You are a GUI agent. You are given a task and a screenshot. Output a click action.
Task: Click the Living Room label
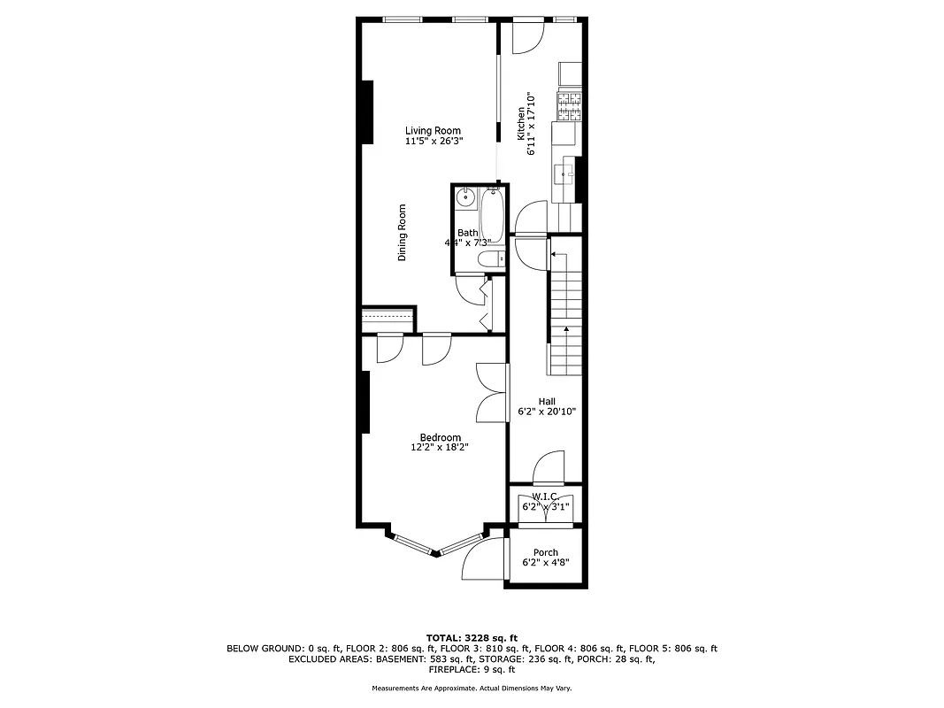click(433, 131)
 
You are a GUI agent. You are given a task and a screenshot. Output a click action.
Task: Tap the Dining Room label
click(402, 233)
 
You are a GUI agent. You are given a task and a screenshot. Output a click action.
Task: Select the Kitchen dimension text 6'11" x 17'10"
click(531, 124)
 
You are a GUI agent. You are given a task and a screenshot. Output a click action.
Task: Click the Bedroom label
click(440, 437)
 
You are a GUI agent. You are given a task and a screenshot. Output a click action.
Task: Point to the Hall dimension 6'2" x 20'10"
click(547, 412)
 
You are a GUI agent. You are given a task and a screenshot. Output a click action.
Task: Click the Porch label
click(546, 552)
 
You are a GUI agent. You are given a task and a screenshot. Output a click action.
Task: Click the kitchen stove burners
click(569, 106)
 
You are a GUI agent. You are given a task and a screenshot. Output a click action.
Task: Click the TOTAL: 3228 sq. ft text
click(472, 637)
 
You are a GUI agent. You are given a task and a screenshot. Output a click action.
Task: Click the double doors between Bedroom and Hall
click(492, 392)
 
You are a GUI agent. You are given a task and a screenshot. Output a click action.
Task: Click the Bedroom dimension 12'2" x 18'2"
click(440, 448)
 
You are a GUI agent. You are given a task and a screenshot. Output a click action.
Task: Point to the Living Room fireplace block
click(365, 110)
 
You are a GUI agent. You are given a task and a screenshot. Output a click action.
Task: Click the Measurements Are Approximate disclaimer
click(472, 688)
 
